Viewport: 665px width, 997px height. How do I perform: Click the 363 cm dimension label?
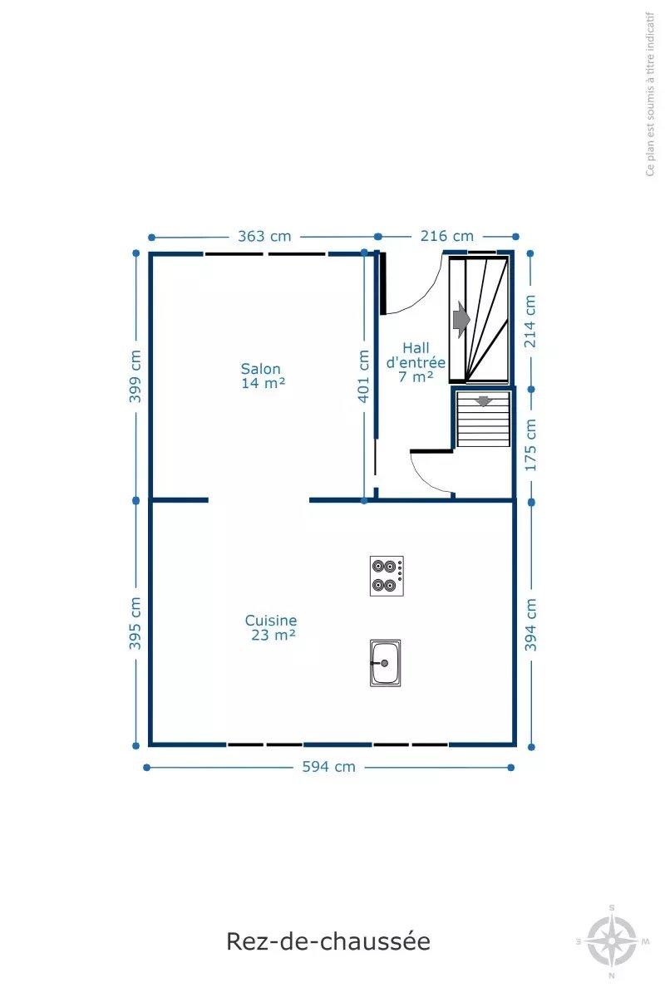[x=264, y=236]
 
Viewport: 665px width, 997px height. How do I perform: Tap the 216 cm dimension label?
[x=446, y=236]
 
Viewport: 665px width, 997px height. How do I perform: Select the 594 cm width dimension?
[x=328, y=767]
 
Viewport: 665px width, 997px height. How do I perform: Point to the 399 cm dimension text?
[x=135, y=376]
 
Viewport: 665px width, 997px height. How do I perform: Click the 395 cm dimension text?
[x=135, y=623]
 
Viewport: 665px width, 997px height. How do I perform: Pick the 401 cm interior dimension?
[x=364, y=376]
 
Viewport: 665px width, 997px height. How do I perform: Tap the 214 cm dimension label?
[x=530, y=322]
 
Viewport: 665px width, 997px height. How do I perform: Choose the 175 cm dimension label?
[x=530, y=445]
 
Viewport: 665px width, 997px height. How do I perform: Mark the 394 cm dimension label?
[x=530, y=625]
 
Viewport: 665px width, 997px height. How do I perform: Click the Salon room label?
[x=260, y=369]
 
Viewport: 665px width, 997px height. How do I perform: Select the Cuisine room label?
[x=271, y=620]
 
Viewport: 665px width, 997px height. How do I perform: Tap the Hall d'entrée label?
[x=416, y=355]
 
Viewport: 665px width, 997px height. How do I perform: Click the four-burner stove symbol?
[x=387, y=576]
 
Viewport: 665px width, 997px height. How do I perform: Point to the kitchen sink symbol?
[x=385, y=663]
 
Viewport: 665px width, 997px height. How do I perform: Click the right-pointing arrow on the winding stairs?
[x=461, y=320]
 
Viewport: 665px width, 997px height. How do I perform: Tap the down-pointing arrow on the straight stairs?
[x=483, y=400]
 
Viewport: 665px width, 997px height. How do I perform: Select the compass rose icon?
[x=613, y=941]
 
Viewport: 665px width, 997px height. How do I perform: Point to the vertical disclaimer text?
[x=650, y=94]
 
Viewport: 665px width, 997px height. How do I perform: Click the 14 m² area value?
[x=264, y=383]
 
